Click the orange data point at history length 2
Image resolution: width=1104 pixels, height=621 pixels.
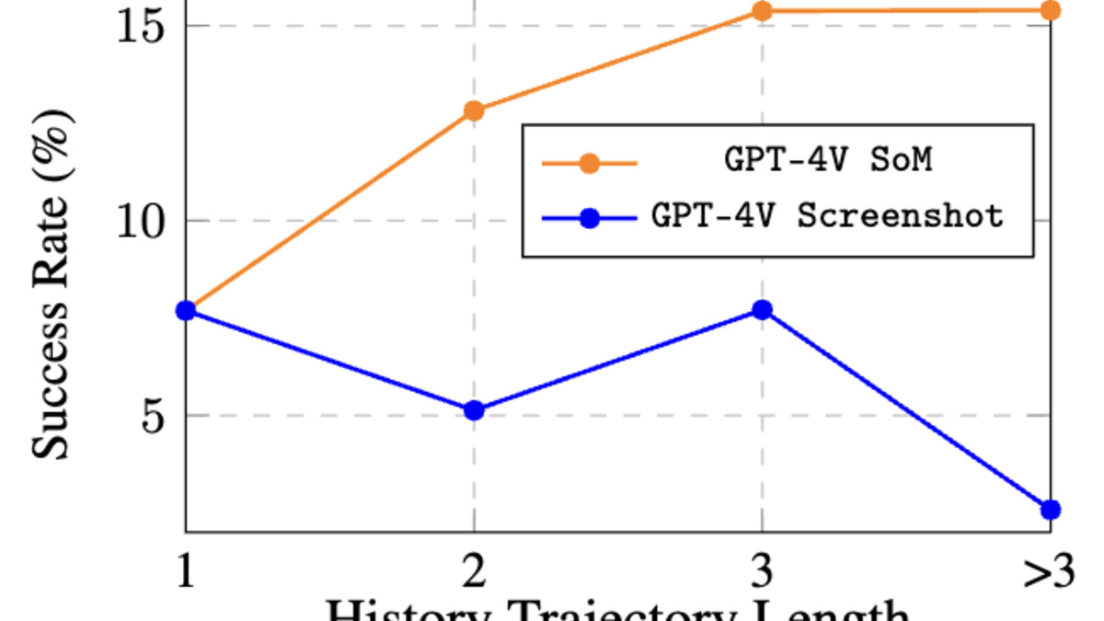[474, 111]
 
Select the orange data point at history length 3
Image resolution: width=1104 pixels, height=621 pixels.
[762, 11]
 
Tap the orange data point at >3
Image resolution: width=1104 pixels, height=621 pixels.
[1050, 11]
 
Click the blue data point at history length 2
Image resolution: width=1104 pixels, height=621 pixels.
[474, 410]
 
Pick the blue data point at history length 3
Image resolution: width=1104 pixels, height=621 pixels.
[762, 310]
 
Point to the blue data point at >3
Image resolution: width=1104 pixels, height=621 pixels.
[1050, 510]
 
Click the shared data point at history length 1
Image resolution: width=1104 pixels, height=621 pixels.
[186, 311]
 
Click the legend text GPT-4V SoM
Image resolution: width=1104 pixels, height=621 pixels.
[828, 161]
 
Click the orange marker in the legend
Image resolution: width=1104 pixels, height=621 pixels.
[590, 164]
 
